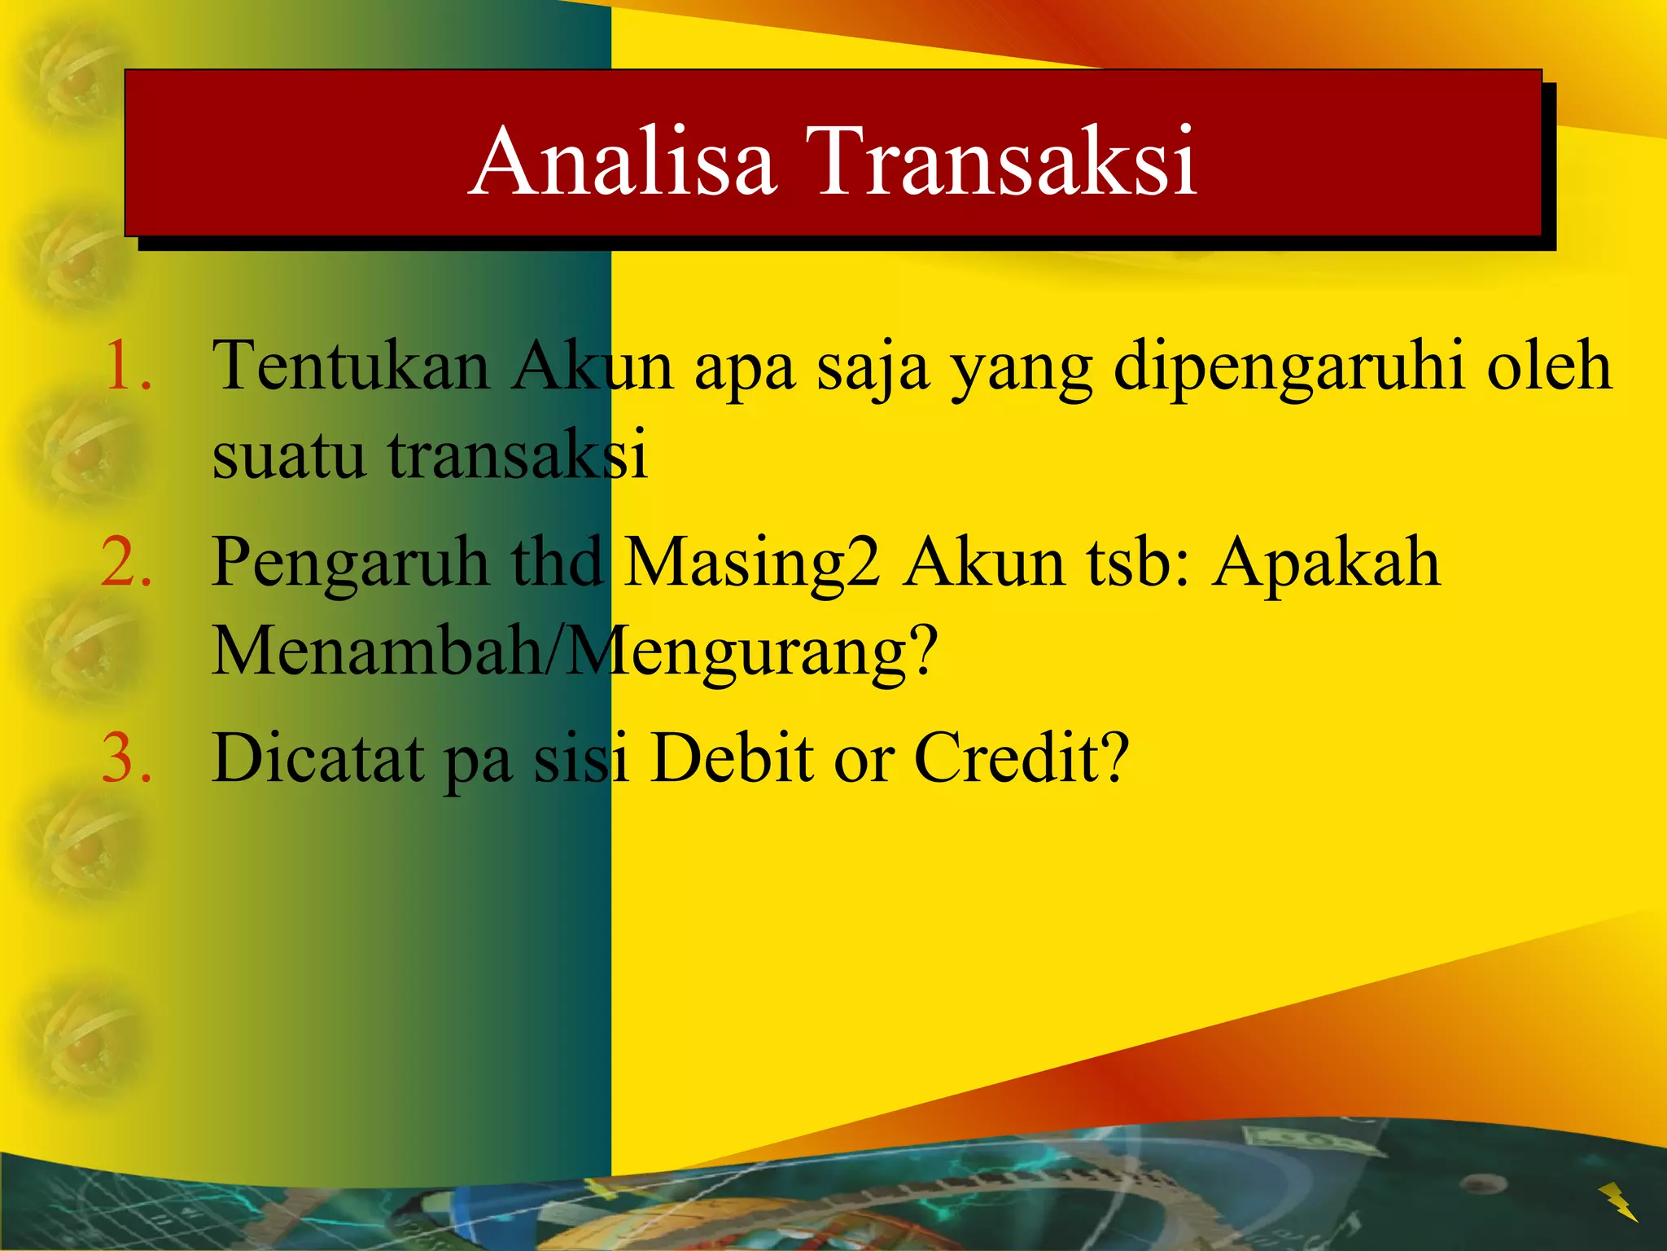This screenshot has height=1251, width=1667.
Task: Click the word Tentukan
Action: tap(350, 367)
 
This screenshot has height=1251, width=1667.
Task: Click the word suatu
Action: tap(289, 454)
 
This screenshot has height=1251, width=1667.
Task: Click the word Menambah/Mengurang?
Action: tap(575, 652)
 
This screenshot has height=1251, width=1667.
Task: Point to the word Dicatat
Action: tap(318, 758)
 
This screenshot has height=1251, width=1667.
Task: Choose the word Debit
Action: tap(733, 758)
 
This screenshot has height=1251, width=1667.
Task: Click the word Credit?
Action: tap(1022, 758)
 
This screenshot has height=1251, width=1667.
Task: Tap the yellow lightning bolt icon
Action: tap(1617, 1202)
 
